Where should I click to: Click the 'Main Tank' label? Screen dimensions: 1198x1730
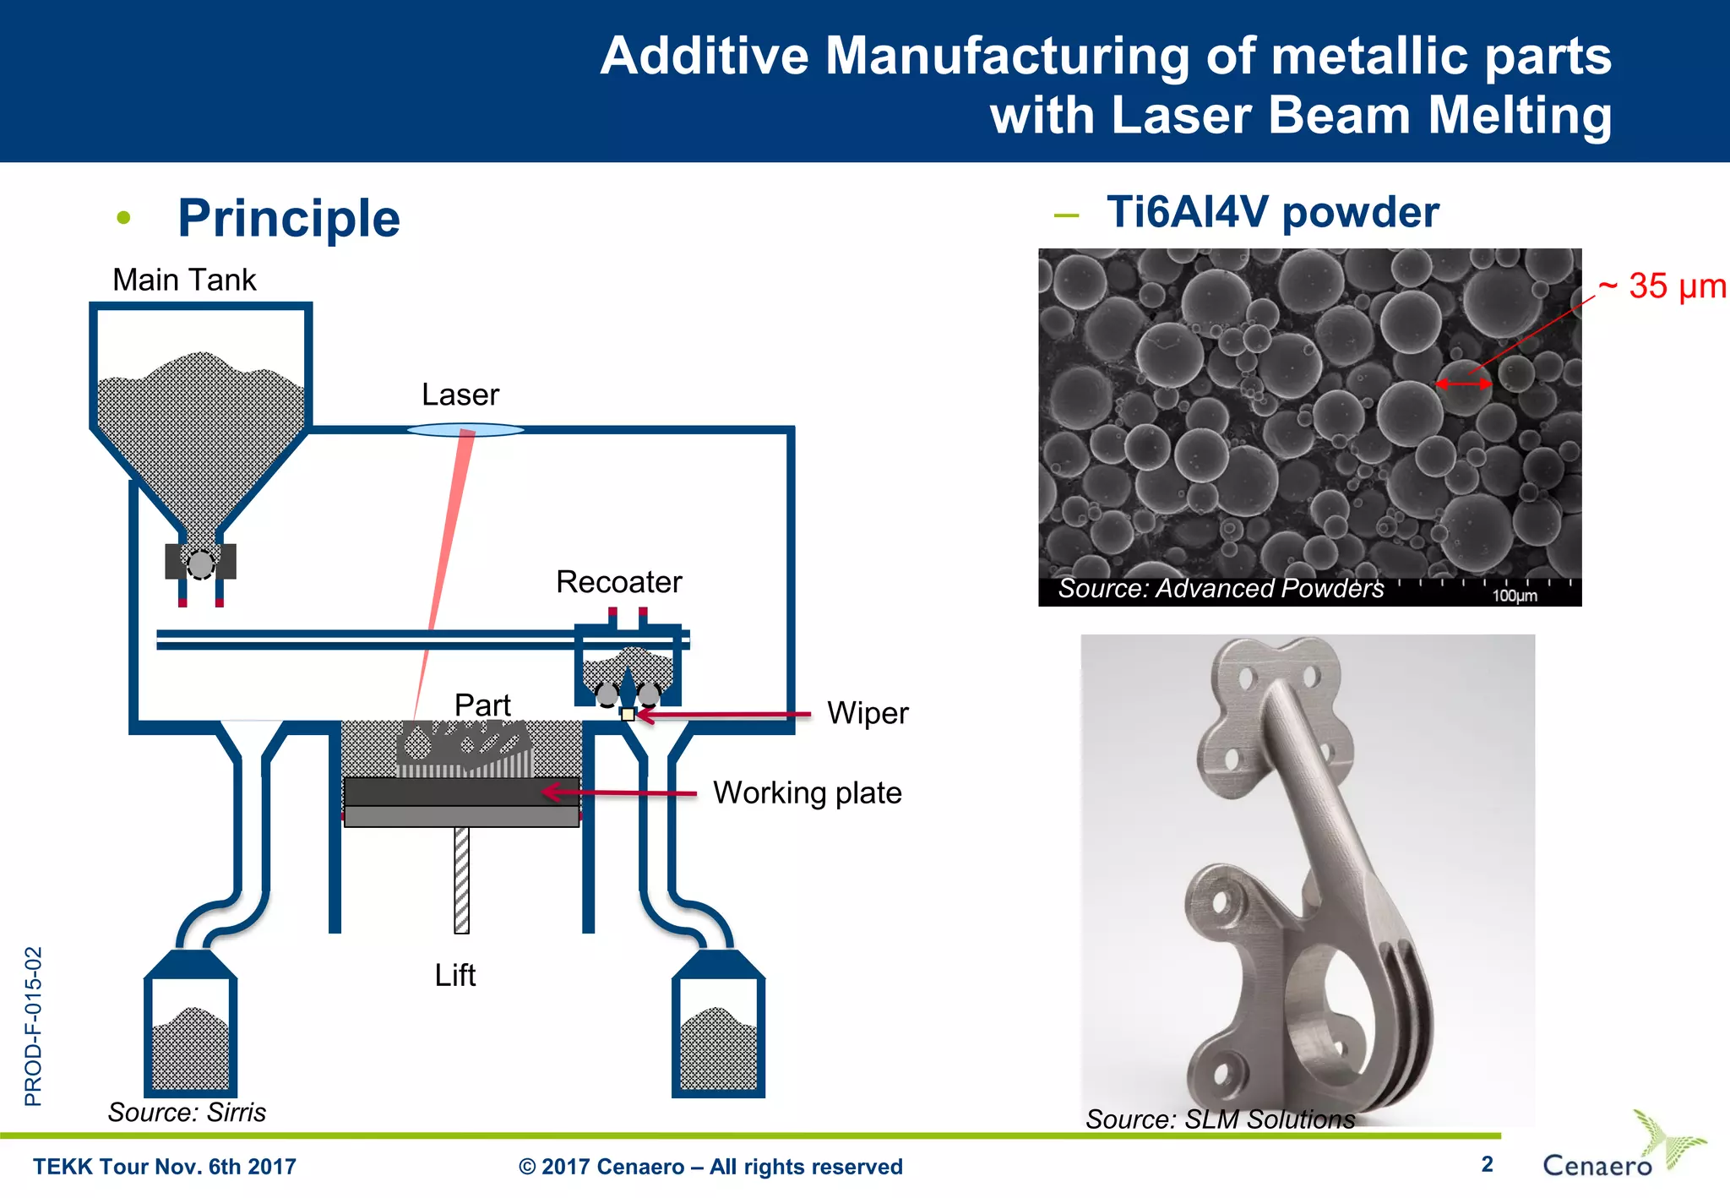(184, 280)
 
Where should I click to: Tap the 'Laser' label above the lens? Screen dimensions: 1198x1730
(460, 395)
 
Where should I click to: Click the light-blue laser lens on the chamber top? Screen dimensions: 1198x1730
(465, 430)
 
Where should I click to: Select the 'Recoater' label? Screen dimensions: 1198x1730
(618, 582)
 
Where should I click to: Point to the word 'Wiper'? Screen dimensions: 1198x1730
(868, 713)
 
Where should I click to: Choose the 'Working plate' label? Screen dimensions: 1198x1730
(807, 792)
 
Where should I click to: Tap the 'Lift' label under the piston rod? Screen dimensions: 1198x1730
(454, 975)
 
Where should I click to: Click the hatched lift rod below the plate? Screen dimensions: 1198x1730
(461, 879)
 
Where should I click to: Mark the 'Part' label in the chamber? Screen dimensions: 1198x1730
(482, 705)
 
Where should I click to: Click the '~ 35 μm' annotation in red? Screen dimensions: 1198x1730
(1662, 286)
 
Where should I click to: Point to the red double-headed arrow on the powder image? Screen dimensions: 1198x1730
(1464, 384)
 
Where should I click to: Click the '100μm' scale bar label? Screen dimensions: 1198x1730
(1515, 596)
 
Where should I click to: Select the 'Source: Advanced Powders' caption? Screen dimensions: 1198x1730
(1221, 588)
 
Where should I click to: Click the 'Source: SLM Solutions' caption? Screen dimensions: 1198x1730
(1220, 1119)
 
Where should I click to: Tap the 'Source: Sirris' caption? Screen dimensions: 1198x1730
(187, 1112)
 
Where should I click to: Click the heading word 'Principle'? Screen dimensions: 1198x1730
(289, 218)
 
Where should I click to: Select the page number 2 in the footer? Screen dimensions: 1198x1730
(1487, 1164)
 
